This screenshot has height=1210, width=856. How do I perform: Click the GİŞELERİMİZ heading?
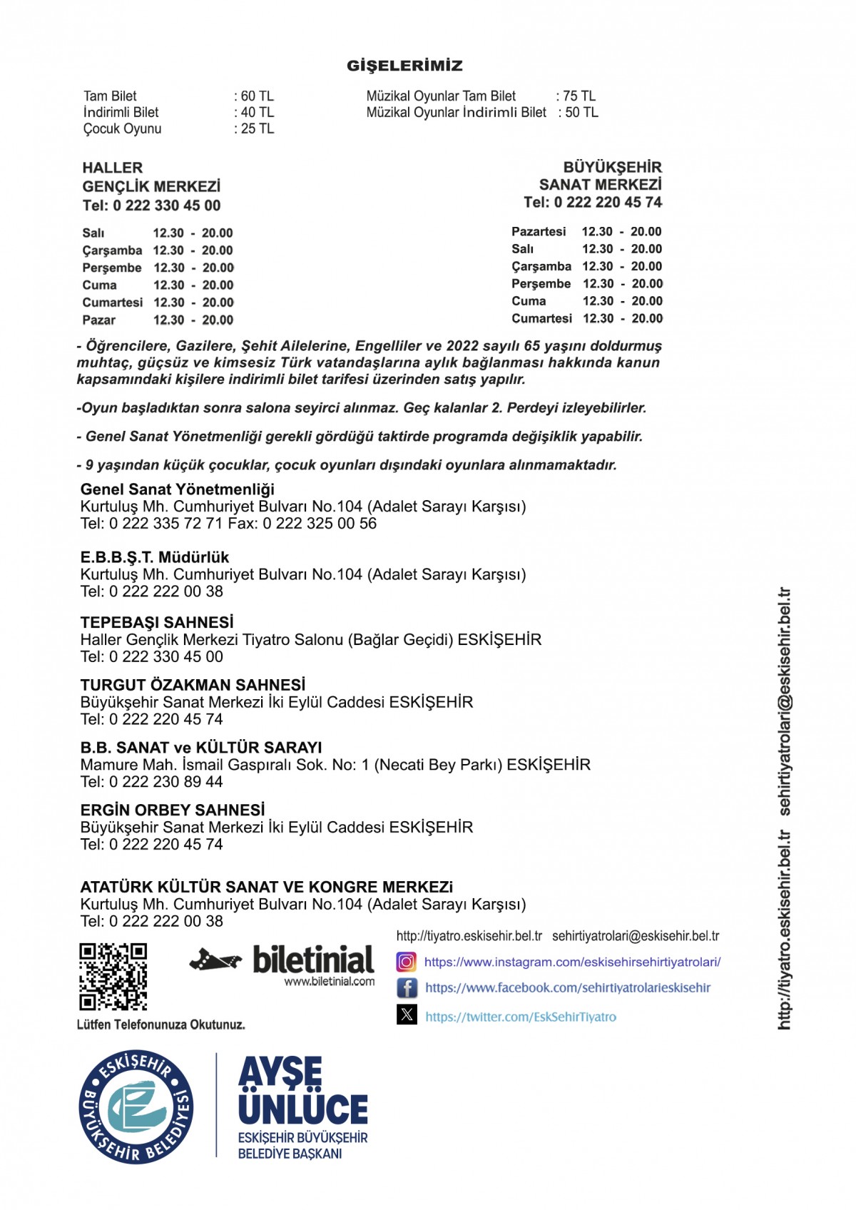[x=404, y=66]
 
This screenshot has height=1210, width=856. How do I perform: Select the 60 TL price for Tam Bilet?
[x=257, y=96]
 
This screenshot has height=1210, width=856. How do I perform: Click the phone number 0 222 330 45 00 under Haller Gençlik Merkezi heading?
[x=165, y=205]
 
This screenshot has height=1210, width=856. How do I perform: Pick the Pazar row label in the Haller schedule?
[x=98, y=320]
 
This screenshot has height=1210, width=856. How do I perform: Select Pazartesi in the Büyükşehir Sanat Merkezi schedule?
[x=539, y=232]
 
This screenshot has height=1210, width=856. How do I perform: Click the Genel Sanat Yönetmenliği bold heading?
[x=177, y=489]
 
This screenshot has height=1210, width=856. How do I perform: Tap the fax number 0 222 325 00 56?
[x=319, y=524]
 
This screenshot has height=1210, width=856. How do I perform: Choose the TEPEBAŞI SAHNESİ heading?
[x=157, y=622]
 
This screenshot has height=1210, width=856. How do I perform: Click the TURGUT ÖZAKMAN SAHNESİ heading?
[x=193, y=685]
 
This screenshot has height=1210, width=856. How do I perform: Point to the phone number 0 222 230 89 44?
[x=165, y=782]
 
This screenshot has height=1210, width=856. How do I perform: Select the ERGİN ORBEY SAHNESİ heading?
[x=173, y=810]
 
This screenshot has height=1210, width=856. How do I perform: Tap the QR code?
[x=113, y=977]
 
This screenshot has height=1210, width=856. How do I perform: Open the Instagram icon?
[x=406, y=962]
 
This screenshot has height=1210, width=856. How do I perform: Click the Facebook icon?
[x=407, y=988]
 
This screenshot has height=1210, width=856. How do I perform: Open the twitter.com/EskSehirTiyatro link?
[x=521, y=1017]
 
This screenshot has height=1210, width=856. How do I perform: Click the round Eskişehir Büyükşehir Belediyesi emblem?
[x=136, y=1107]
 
